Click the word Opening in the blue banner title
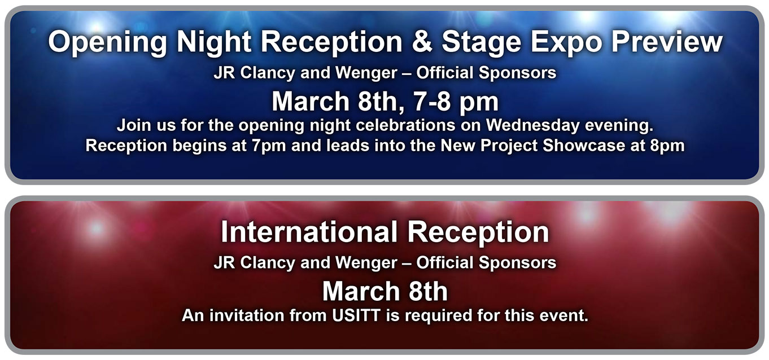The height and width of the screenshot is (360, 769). click(x=107, y=42)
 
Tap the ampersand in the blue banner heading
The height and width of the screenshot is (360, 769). click(x=422, y=41)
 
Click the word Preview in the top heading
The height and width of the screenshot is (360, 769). click(x=667, y=41)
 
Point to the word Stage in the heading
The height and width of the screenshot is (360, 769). click(x=482, y=42)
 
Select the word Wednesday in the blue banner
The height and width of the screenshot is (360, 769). click(x=533, y=126)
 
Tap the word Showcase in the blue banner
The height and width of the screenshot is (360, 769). click(x=584, y=145)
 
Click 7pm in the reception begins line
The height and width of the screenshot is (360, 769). click(x=268, y=146)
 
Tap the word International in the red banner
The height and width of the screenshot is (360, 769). click(x=309, y=232)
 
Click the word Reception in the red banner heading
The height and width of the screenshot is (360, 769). click(x=478, y=234)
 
